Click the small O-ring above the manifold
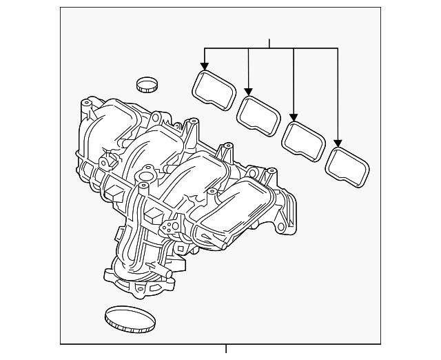(146, 85)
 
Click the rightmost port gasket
(346, 166)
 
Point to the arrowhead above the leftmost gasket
(204, 67)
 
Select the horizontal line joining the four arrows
(271, 48)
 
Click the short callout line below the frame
(226, 348)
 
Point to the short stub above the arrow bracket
(269, 43)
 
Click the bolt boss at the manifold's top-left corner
(85, 106)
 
